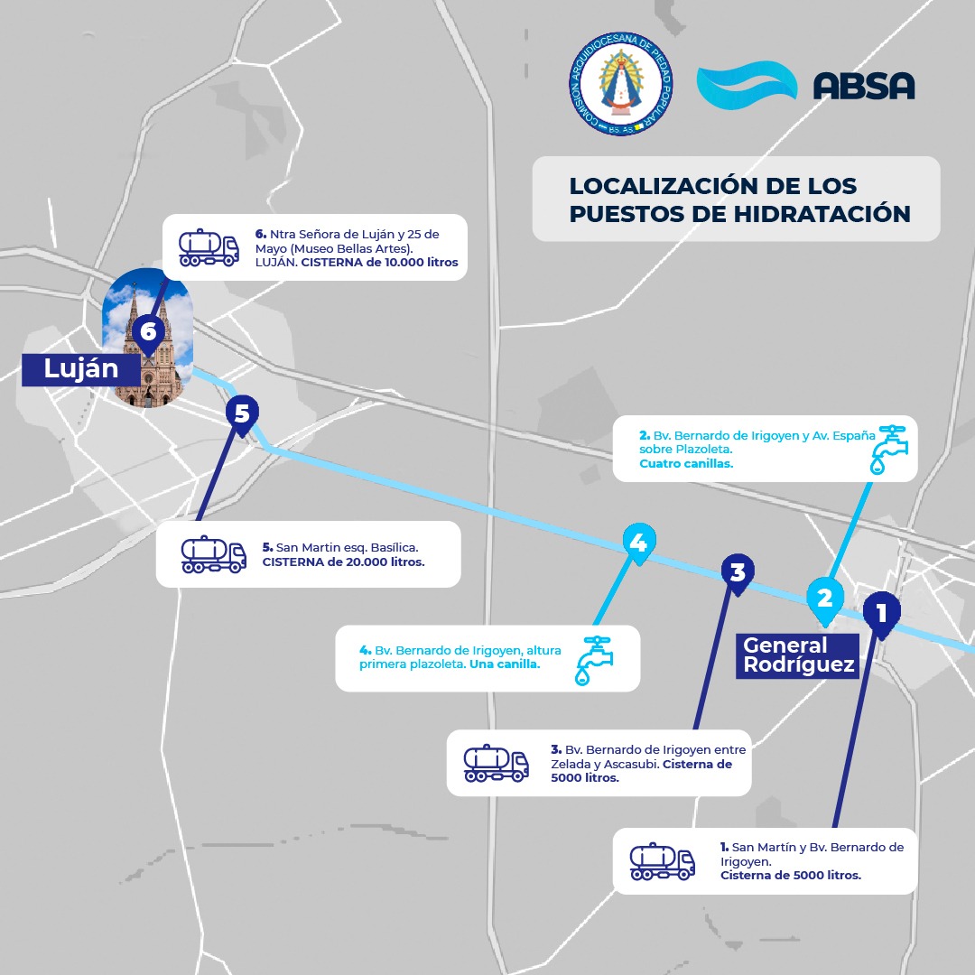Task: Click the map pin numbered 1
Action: point(881,614)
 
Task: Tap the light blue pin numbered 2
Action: point(825,599)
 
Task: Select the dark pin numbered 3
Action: point(738,573)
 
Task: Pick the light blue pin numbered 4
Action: point(638,544)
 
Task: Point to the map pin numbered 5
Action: point(242,415)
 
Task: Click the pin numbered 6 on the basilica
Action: point(148,333)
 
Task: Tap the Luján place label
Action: point(81,369)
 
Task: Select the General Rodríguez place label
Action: point(798,655)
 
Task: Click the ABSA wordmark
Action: point(864,86)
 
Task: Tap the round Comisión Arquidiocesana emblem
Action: point(620,84)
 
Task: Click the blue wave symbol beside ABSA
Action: point(747,85)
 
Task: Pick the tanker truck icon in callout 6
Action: point(209,247)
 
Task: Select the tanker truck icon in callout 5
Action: point(213,554)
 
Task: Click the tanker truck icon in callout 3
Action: point(497,763)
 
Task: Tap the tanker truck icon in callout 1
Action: point(663,861)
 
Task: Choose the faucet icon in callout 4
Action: point(594,660)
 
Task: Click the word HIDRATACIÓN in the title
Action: point(822,214)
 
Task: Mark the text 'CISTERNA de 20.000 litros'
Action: point(343,562)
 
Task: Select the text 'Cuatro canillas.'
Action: point(686,463)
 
